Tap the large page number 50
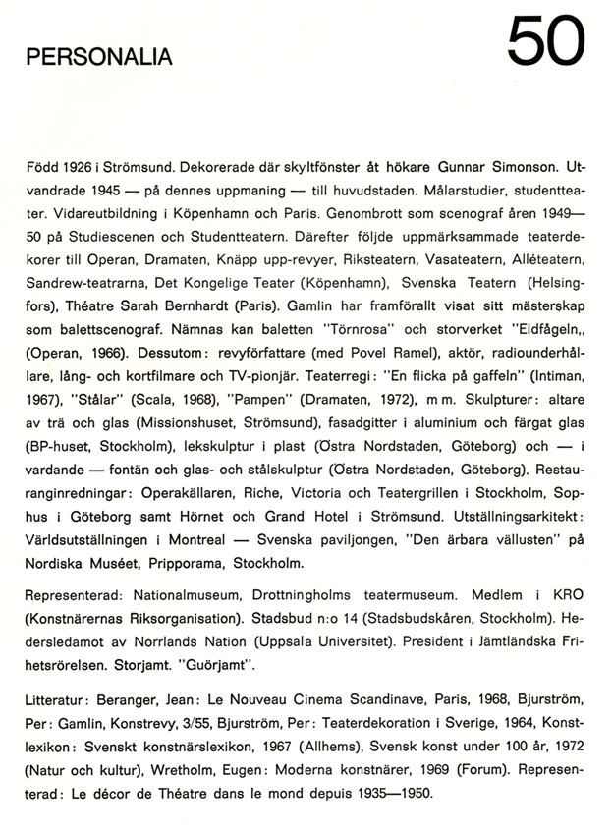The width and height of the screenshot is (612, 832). coord(545,43)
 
